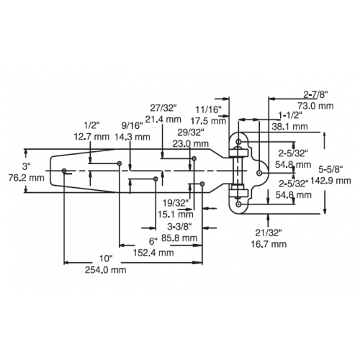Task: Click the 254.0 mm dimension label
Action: pos(105,270)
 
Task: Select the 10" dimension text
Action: pos(106,258)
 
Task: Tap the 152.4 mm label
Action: pos(153,253)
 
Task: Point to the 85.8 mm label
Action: pos(179,238)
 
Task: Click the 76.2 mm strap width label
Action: pos(27,178)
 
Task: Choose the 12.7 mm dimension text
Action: pos(91,137)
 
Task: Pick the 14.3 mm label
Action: pos(132,137)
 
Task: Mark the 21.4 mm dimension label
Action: pos(163,119)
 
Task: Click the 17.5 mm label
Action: pos(208,121)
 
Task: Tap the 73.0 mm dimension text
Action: pos(315,106)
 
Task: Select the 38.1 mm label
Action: pos(289,127)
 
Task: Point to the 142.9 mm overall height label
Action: pos(330,181)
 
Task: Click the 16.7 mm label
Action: pos(269,244)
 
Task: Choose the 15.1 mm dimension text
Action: pos(176,214)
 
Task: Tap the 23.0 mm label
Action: pos(191,144)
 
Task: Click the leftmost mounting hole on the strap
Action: pos(64,171)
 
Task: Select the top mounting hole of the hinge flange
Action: pos(238,142)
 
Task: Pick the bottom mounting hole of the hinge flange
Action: pos(238,204)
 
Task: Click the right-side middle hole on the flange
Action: pos(259,173)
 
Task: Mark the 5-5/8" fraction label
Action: pos(330,170)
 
